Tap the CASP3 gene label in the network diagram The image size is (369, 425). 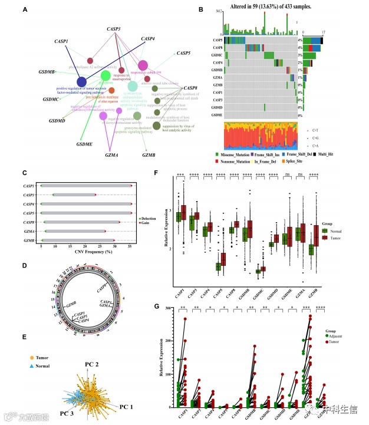click(x=114, y=29)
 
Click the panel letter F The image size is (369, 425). click(x=155, y=174)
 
